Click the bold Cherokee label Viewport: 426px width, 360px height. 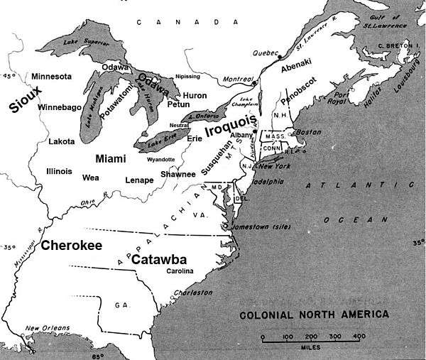(x=71, y=246)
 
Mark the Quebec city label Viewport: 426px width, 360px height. (x=266, y=53)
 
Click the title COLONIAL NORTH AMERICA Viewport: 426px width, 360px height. (x=313, y=314)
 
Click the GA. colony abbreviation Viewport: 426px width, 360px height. (x=121, y=305)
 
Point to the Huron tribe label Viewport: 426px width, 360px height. (x=195, y=94)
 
